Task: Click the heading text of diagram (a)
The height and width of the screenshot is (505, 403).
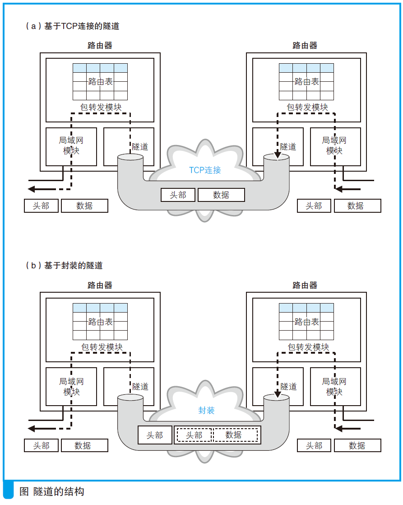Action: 72,26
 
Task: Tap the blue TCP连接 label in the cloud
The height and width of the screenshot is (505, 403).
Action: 205,170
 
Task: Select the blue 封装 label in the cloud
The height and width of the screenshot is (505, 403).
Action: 206,410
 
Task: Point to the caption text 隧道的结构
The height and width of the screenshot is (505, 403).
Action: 58,491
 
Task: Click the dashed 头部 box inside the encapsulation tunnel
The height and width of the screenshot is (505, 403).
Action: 194,435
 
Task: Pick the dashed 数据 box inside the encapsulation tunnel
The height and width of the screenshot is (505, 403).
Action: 234,435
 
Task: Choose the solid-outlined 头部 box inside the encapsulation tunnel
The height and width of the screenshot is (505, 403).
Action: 155,435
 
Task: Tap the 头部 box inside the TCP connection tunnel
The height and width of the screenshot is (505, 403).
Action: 178,195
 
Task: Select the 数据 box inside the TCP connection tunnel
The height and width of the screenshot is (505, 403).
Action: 221,195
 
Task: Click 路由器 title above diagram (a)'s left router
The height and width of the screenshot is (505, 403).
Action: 100,45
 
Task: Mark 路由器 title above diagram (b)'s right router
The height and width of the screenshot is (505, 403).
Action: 305,285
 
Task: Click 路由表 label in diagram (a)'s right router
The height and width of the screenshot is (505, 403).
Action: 306,82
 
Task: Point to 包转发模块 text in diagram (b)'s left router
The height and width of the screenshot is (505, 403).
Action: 102,347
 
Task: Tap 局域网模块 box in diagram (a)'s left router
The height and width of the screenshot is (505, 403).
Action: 71,145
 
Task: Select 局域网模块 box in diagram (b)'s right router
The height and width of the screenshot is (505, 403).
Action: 334,386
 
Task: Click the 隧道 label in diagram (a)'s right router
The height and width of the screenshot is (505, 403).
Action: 288,146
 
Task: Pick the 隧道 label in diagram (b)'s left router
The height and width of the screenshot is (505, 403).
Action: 140,387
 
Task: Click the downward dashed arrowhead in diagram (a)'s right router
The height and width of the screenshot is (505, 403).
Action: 277,156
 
